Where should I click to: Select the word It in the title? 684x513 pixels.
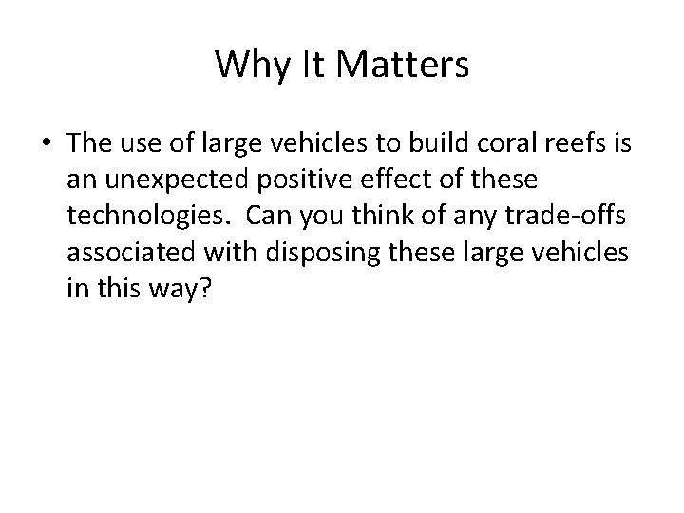pos(310,65)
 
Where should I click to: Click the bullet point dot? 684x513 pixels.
pos(46,144)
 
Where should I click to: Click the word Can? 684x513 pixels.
pos(269,217)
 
